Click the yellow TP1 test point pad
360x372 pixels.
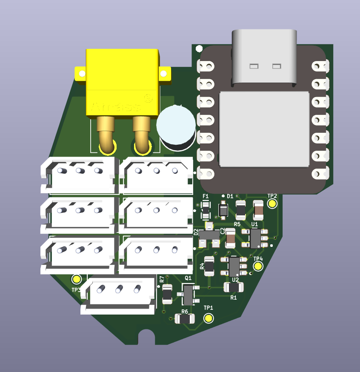pos(208,318)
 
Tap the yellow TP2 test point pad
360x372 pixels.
pos(272,204)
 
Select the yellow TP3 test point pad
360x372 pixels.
pos(77,279)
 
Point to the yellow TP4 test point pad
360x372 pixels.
pos(258,266)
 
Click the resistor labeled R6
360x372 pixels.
pos(185,319)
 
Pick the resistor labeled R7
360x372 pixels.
pos(167,294)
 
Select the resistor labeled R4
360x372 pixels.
pos(209,266)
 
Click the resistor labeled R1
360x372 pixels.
pos(234,288)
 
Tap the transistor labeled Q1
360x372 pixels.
pos(188,295)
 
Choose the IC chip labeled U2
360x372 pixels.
pos(234,266)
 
